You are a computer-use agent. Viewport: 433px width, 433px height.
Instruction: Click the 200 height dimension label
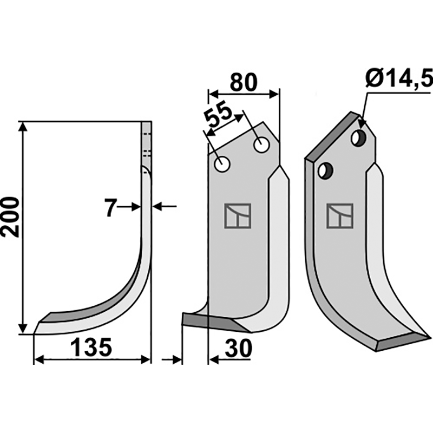pos(11,216)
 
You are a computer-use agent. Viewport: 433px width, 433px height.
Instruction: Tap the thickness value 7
pos(110,207)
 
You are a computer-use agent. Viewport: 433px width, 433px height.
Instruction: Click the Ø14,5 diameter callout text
pos(399,80)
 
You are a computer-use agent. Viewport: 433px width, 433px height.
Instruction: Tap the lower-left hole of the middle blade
pos(222,163)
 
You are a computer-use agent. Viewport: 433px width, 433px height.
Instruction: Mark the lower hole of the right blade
pos(324,170)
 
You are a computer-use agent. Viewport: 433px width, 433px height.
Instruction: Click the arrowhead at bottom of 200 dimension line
pos(22,330)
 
